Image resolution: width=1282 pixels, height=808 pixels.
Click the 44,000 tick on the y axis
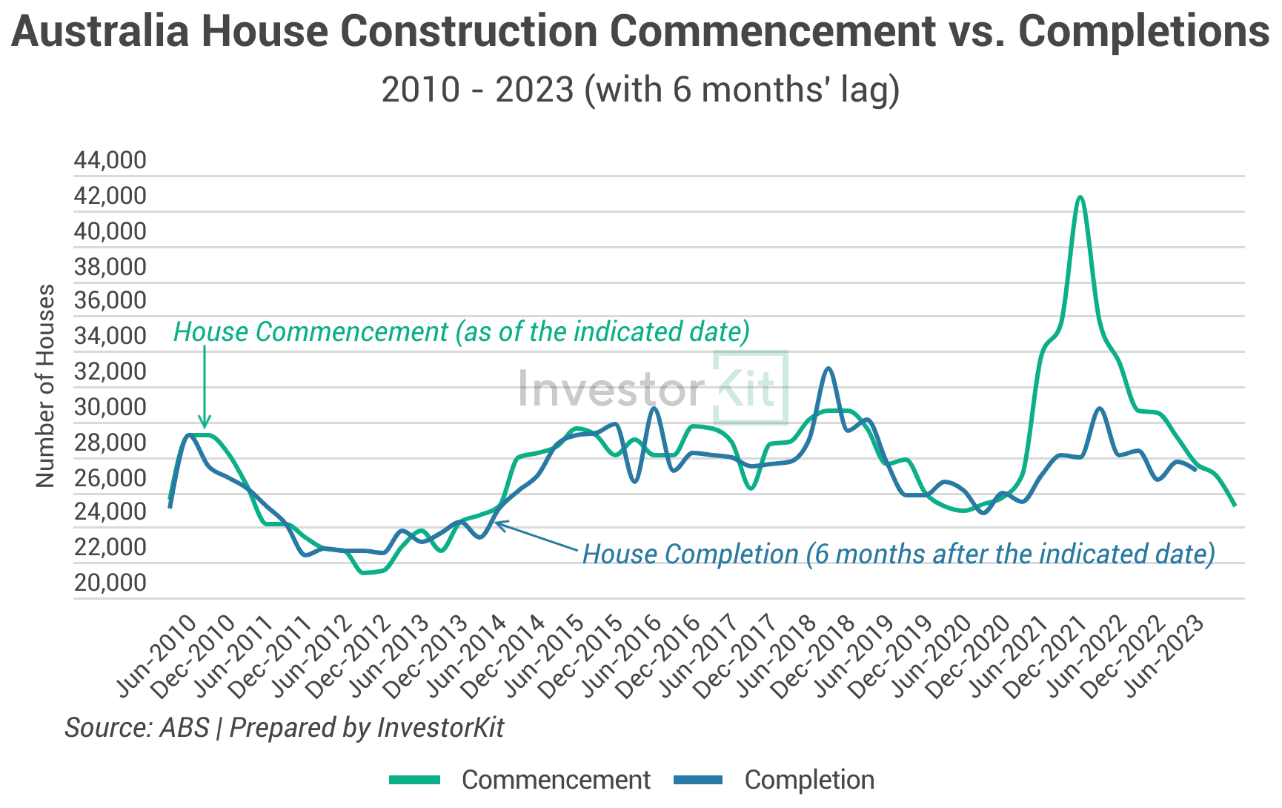coord(110,160)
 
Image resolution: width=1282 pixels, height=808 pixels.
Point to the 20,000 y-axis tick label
coord(110,583)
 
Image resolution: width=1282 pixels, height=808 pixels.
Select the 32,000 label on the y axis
coord(110,371)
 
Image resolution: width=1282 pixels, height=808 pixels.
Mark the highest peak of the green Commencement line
coord(1080,197)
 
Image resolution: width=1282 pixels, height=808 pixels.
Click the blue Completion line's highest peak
coord(829,368)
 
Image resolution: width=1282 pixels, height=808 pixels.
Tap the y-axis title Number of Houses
coord(46,385)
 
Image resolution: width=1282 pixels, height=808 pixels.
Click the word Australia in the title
coord(100,31)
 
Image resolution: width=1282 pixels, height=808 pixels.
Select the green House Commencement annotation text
coord(461,331)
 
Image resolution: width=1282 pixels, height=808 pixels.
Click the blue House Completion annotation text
coord(898,554)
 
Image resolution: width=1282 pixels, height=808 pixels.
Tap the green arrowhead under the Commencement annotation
coord(205,423)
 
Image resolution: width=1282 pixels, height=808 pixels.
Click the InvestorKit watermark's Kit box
coord(750,387)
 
